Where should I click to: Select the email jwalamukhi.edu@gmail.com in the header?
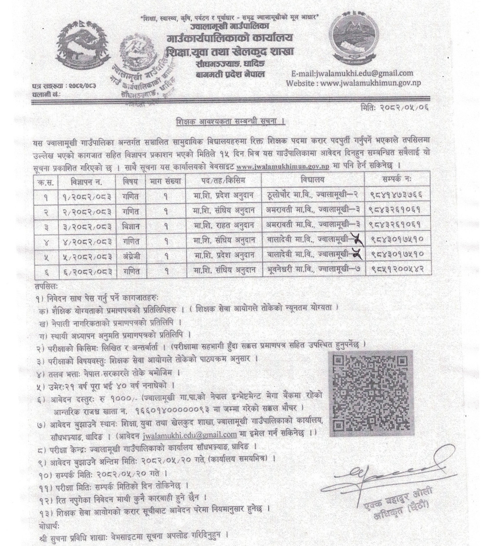(x=352, y=73)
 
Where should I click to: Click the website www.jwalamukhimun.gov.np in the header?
(x=358, y=83)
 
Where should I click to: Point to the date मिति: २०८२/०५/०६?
(x=394, y=107)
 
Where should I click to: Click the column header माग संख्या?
(x=166, y=180)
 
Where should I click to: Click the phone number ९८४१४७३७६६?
(x=397, y=195)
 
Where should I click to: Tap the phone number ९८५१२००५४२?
(x=397, y=270)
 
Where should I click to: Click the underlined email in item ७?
(x=190, y=434)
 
